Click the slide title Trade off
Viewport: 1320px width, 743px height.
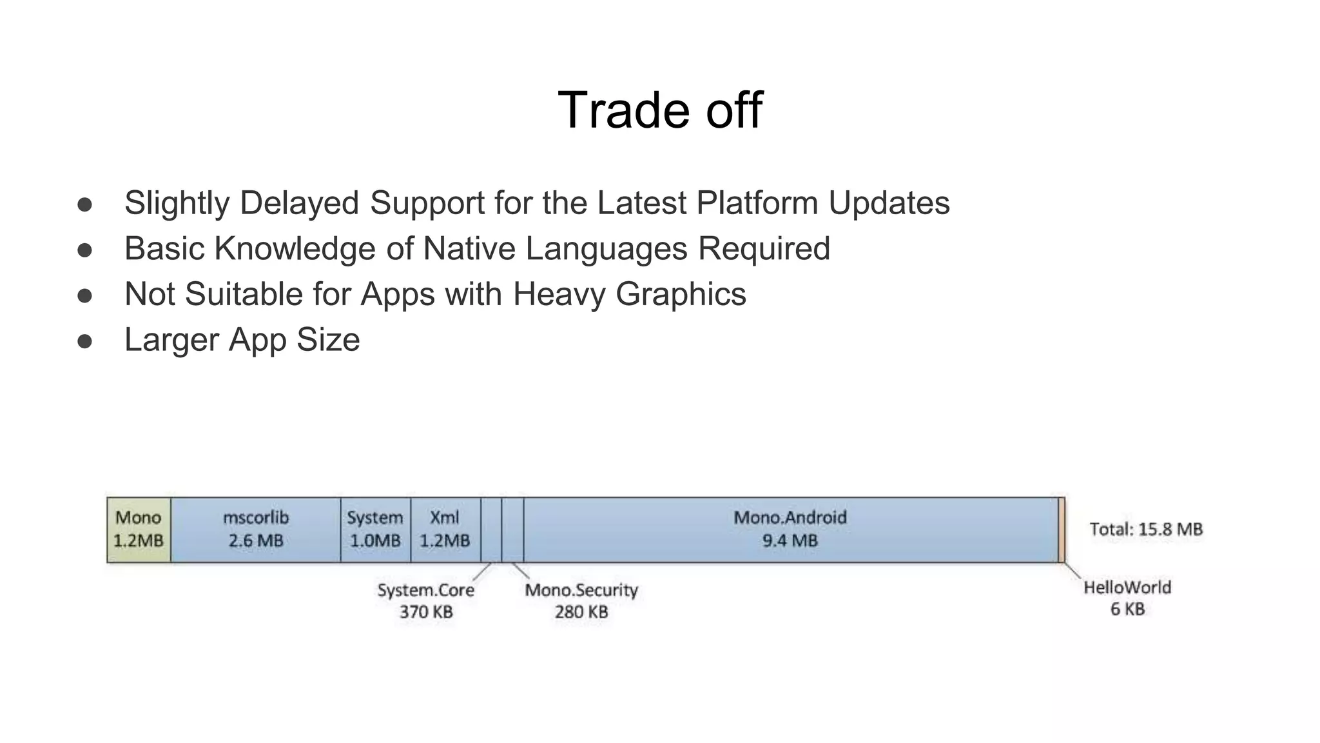pos(659,110)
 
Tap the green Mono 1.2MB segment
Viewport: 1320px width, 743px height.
pos(139,530)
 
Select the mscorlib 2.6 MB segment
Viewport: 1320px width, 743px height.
pos(256,530)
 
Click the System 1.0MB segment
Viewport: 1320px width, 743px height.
pos(375,530)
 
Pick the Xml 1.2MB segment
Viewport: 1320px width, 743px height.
pos(445,530)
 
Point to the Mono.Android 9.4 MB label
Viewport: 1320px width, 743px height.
pos(790,529)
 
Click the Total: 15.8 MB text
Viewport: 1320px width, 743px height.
pos(1146,530)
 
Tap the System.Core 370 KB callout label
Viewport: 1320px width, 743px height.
pos(425,600)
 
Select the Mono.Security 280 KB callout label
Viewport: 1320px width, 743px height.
pos(581,600)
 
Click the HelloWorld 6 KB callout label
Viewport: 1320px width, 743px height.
pos(1127,598)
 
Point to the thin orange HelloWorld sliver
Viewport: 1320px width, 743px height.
pos(1061,530)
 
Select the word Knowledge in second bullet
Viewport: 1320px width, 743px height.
pos(295,249)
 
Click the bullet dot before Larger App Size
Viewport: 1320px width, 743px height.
pos(84,341)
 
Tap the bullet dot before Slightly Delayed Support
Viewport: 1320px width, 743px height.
pos(84,204)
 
